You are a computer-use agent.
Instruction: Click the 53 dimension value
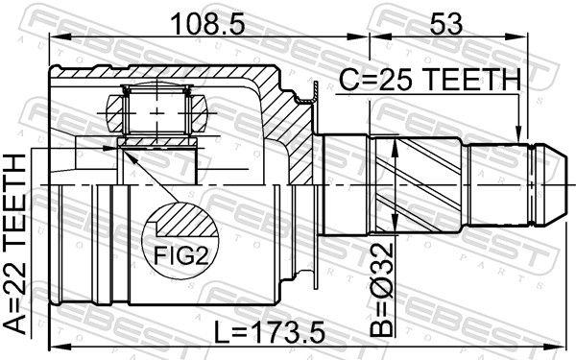[x=443, y=20]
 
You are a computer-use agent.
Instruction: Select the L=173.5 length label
[x=271, y=333]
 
